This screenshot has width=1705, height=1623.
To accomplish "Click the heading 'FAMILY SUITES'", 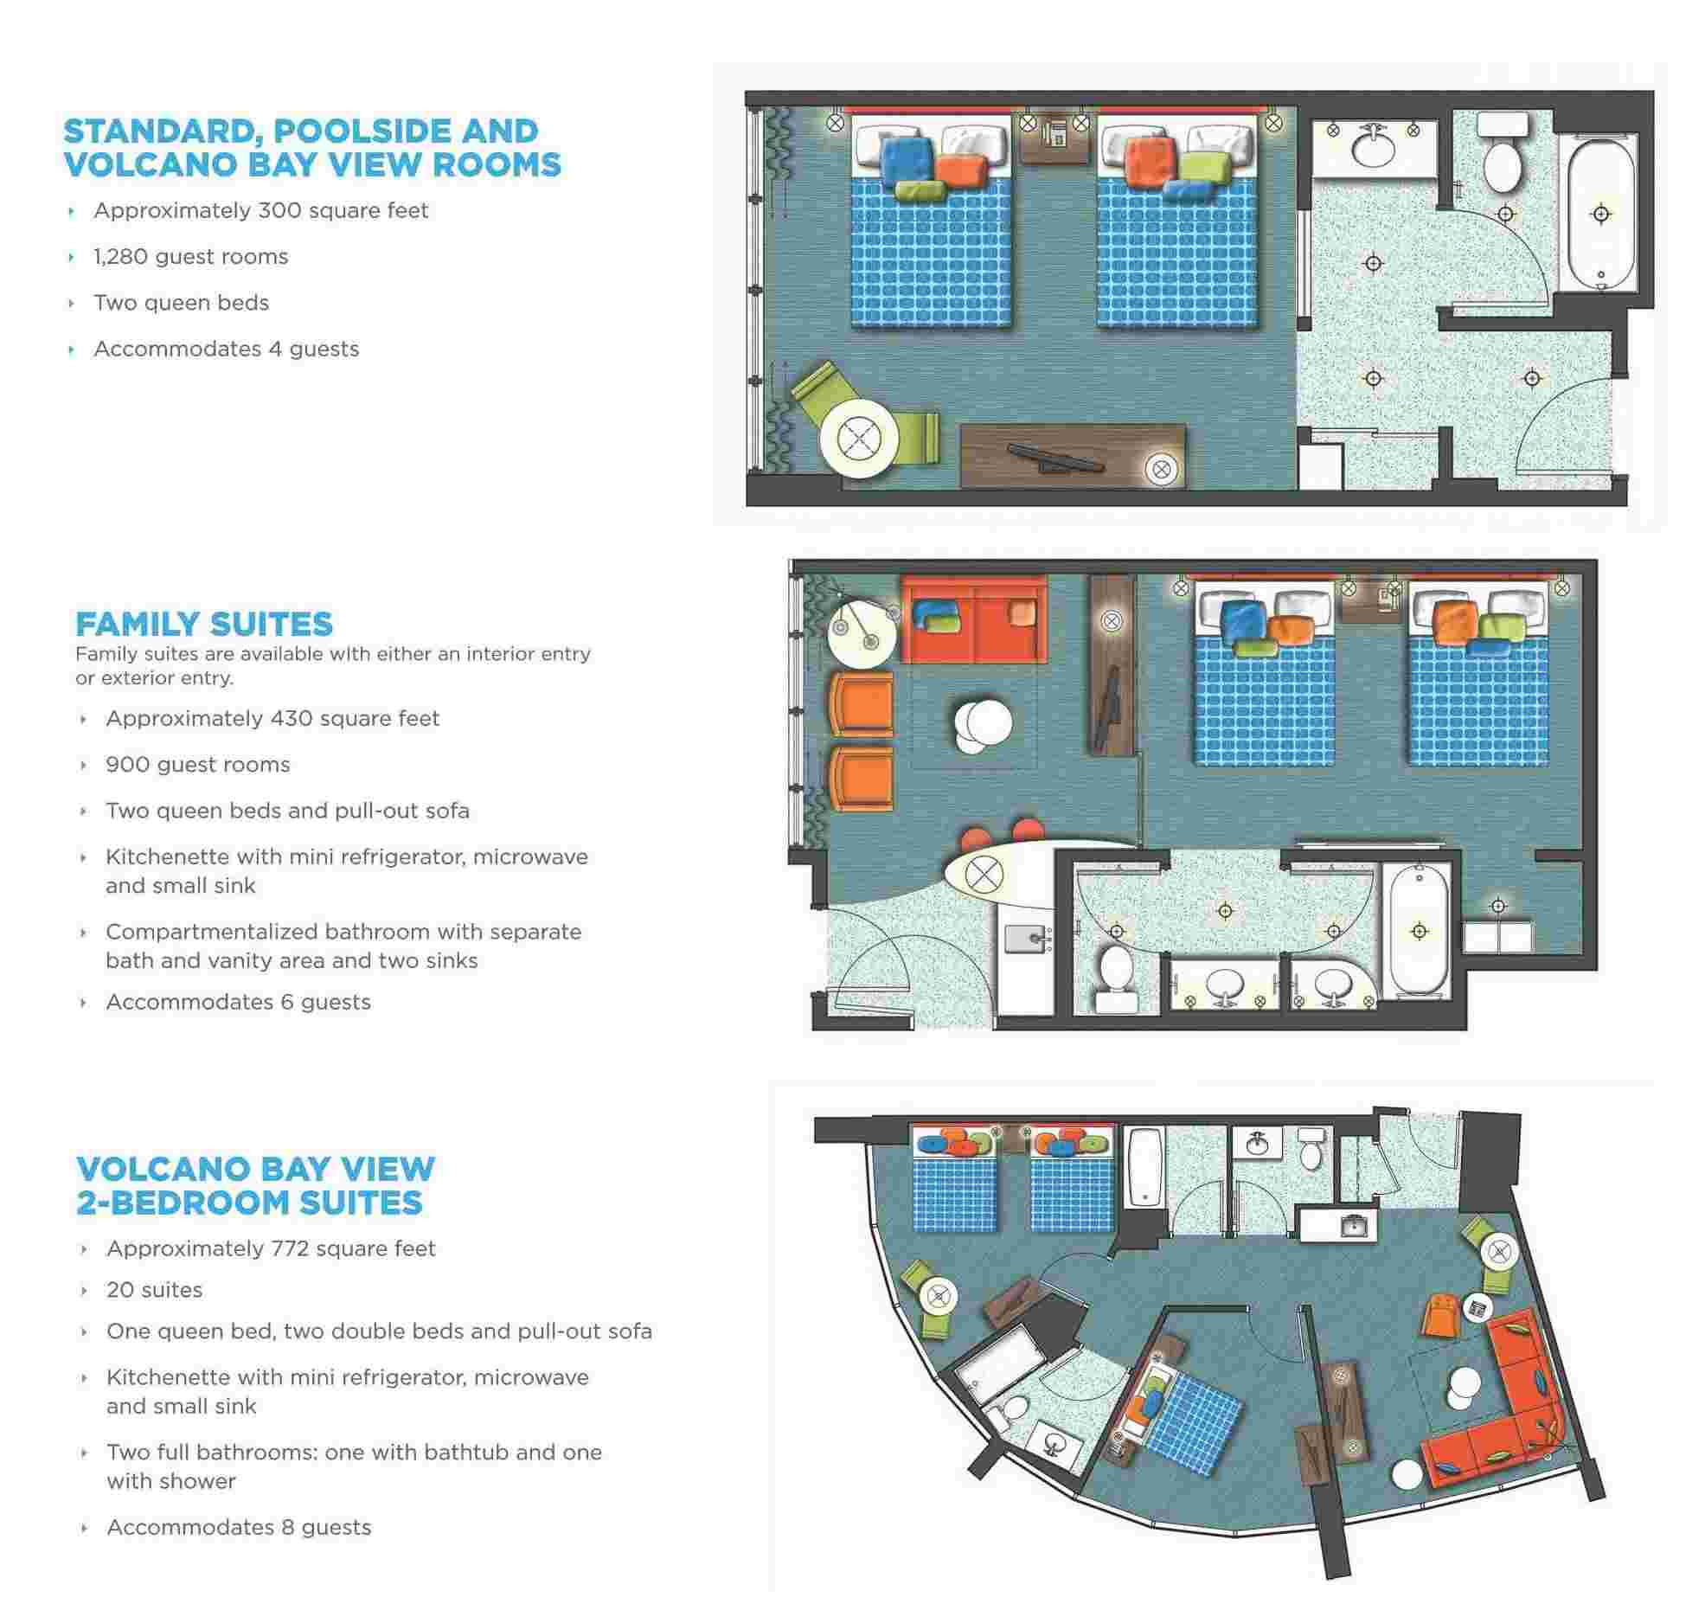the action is click(x=204, y=625).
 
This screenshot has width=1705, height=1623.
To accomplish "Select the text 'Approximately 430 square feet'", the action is click(x=272, y=719).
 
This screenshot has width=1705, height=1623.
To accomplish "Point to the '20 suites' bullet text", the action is click(x=155, y=1290).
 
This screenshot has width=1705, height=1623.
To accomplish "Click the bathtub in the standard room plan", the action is click(x=1601, y=216).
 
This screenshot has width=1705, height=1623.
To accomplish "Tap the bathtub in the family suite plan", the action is click(x=1419, y=930).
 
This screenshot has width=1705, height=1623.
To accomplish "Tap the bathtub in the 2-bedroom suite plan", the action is click(x=1144, y=1169).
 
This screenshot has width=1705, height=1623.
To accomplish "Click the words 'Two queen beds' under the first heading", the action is click(x=182, y=303).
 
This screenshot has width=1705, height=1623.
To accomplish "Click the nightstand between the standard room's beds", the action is click(x=1054, y=138).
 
